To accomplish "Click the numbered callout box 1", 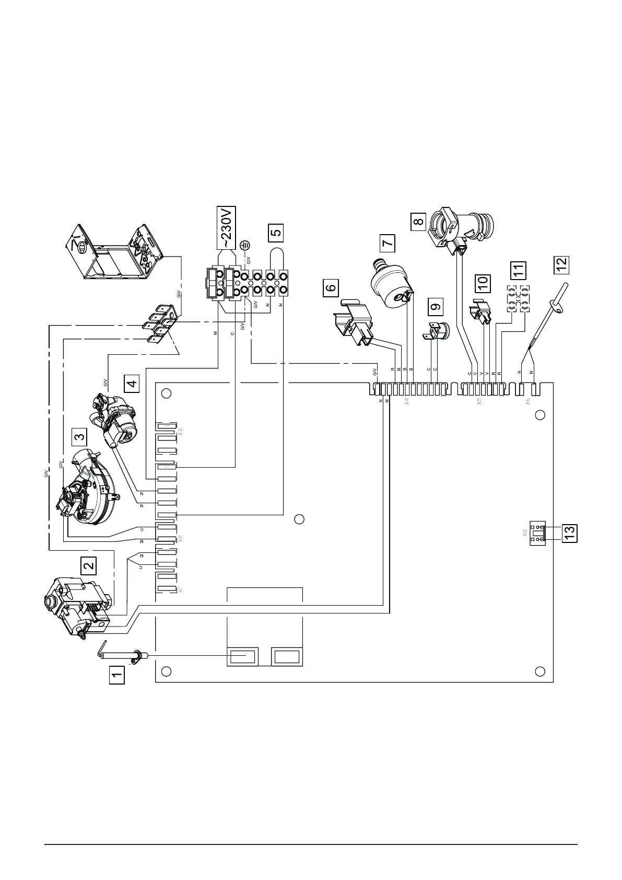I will pyautogui.click(x=117, y=675).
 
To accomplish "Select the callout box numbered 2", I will pyautogui.click(x=88, y=564).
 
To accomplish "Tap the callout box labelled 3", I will pyautogui.click(x=79, y=435).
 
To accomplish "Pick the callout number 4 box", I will pyautogui.click(x=132, y=384).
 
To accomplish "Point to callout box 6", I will pyautogui.click(x=331, y=287).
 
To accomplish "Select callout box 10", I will pyautogui.click(x=483, y=283).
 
